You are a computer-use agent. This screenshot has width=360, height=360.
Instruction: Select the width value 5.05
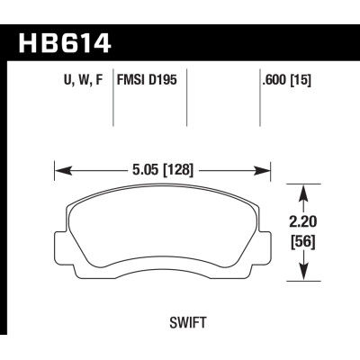[x=146, y=166]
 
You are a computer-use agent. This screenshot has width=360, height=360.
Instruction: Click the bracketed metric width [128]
[x=180, y=166]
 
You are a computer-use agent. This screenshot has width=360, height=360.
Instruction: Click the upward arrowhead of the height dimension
[x=304, y=190]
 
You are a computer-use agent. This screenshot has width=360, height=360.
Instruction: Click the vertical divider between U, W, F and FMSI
[x=113, y=103]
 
